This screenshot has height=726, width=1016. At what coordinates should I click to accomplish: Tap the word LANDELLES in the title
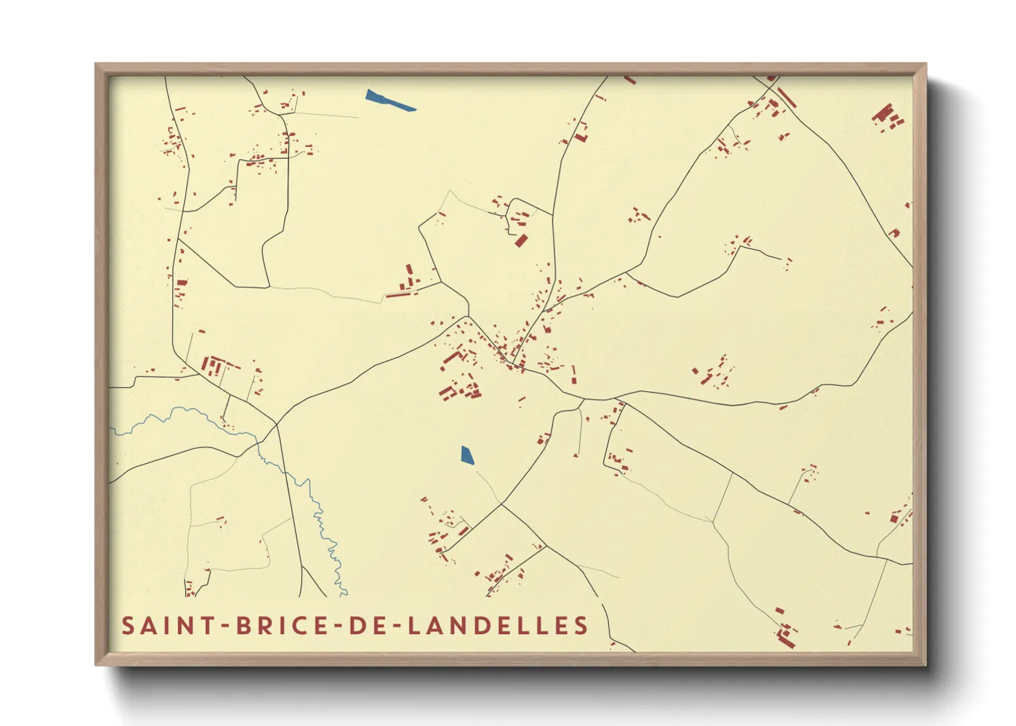pos(498,626)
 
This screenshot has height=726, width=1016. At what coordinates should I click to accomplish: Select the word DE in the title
pos(365,626)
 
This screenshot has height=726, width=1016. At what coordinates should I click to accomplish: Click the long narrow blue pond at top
pos(389,100)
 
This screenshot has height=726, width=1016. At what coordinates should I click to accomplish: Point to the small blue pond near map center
pos(467,456)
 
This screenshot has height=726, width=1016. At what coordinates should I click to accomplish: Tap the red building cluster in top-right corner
pos(887,117)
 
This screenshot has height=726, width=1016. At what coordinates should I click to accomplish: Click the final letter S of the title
pos(581,626)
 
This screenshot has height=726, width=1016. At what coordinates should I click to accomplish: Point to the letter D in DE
pos(356,626)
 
